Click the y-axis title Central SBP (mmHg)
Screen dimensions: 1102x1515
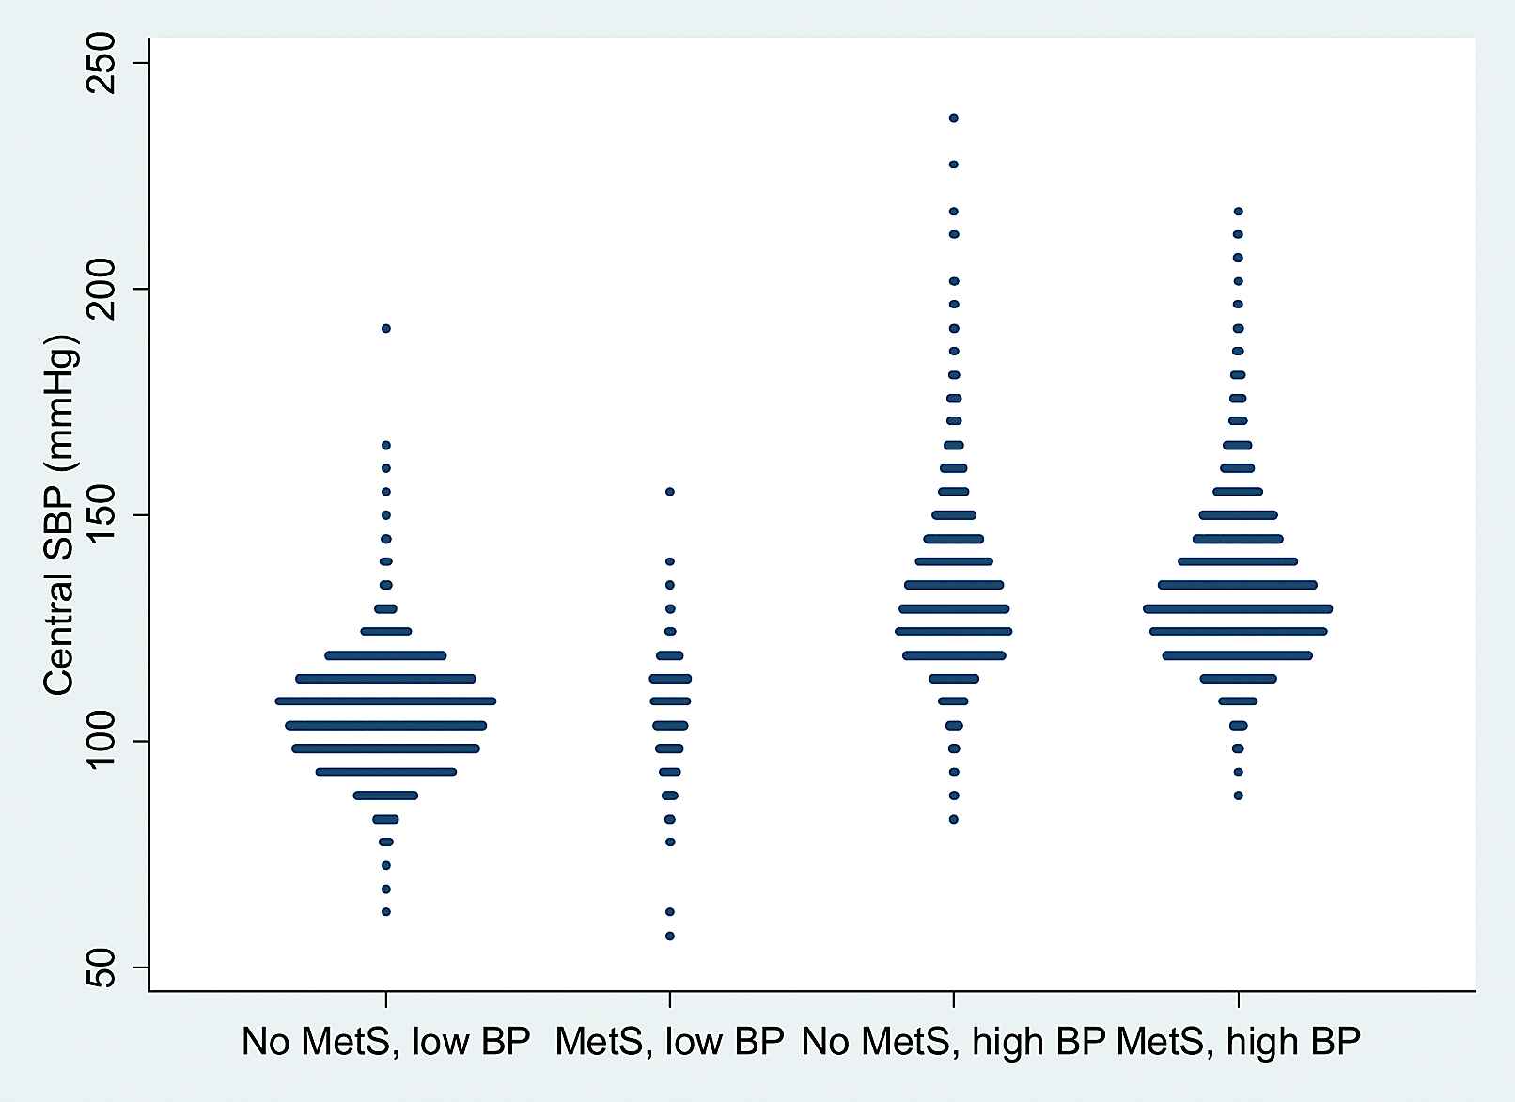pyautogui.click(x=58, y=515)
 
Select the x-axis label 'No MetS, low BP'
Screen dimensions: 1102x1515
pyautogui.click(x=385, y=1043)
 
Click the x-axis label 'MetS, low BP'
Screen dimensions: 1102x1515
pyautogui.click(x=669, y=1043)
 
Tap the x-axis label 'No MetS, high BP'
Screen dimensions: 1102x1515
pyautogui.click(x=953, y=1043)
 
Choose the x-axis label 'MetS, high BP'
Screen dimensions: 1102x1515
pyautogui.click(x=1239, y=1043)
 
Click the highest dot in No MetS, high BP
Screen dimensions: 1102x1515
pyautogui.click(x=954, y=118)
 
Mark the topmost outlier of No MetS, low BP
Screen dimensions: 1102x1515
pyautogui.click(x=385, y=328)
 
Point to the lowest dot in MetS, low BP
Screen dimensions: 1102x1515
pyautogui.click(x=670, y=936)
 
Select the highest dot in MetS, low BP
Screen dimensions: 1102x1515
pyautogui.click(x=670, y=492)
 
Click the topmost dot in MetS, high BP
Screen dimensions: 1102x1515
pyautogui.click(x=1238, y=211)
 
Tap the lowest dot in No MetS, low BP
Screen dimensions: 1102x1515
pyautogui.click(x=385, y=912)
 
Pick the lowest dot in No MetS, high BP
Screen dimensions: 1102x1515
pyautogui.click(x=954, y=819)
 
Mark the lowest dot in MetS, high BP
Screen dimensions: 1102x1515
pyautogui.click(x=1238, y=795)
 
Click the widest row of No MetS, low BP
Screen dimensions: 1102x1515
pyautogui.click(x=385, y=701)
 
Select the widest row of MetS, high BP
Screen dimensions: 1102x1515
pyautogui.click(x=1238, y=609)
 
